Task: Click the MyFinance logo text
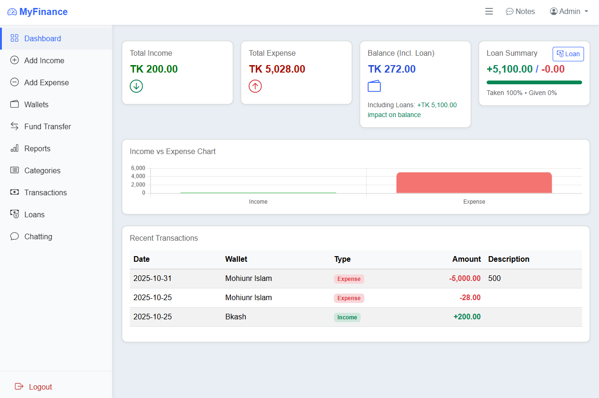43,12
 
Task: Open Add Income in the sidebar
44,60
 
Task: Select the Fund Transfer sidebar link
47,126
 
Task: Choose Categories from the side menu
42,170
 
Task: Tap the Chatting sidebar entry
38,236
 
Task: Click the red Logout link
40,387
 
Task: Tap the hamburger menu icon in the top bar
489,12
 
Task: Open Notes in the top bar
520,12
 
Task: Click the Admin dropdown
569,12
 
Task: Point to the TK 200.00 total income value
154,69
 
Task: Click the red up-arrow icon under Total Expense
255,86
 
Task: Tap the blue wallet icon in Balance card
374,86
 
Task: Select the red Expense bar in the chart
474,183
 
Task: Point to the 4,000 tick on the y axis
138,176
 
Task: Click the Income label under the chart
258,202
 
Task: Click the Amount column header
466,259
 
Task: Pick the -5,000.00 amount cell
465,279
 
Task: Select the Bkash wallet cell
236,317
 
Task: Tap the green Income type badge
347,317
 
